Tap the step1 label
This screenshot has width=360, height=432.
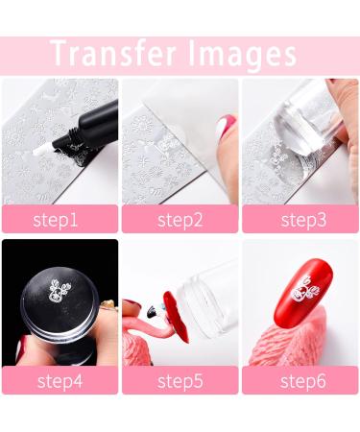coord(59,219)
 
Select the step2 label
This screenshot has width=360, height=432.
coord(180,219)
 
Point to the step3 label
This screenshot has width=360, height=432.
coord(300,219)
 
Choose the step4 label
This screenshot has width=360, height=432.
coord(59,380)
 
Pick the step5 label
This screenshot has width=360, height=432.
coord(180,380)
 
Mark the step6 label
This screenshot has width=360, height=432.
coord(300,380)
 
